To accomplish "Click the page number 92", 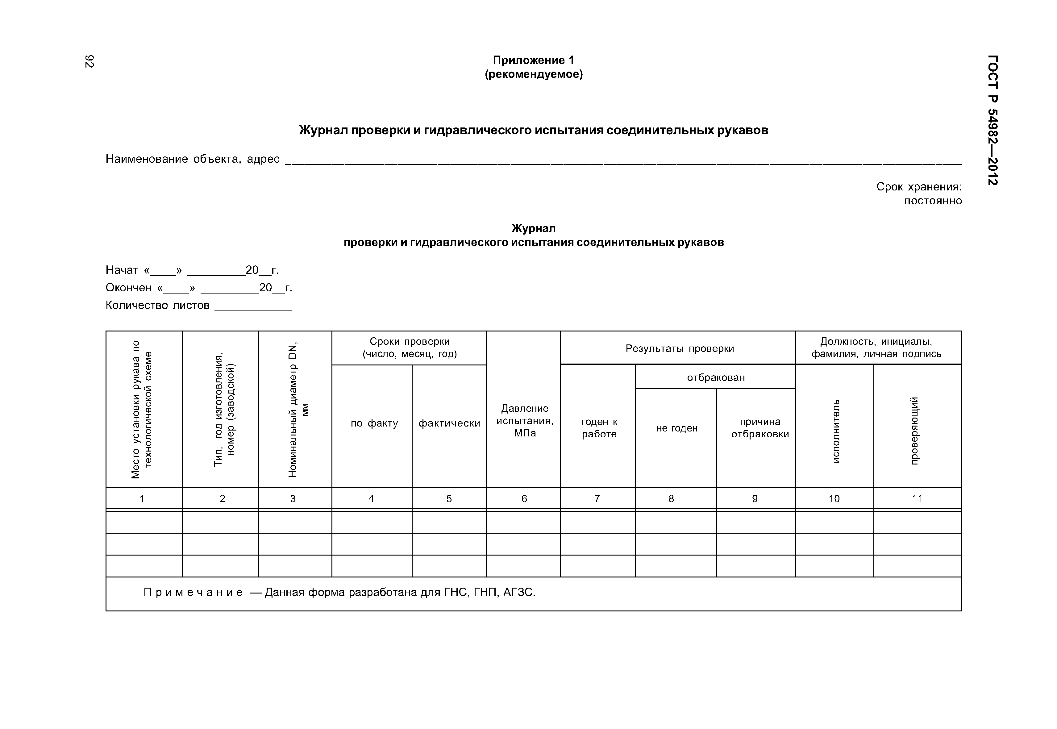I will (89, 61).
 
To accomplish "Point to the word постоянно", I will (932, 201).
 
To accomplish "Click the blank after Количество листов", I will (253, 307).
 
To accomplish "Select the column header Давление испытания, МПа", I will (524, 420).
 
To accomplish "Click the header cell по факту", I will (374, 423).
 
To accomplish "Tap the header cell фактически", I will (449, 423).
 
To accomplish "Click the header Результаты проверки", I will (679, 348).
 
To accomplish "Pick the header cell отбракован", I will (715, 377).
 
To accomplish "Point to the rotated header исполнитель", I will (835, 431).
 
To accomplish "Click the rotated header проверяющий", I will (915, 431).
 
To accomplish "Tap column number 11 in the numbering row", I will (917, 499).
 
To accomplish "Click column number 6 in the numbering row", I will (524, 499).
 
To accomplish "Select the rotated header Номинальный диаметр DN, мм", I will (298, 409).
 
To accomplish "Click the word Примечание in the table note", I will (193, 592).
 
